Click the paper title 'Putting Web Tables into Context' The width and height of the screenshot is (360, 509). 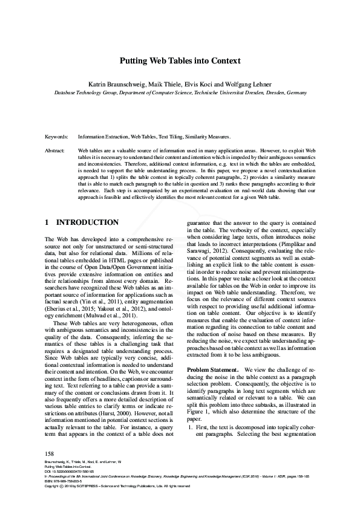[180, 61]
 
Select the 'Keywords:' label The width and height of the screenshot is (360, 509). [57, 138]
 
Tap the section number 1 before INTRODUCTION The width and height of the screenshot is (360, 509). [48, 222]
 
